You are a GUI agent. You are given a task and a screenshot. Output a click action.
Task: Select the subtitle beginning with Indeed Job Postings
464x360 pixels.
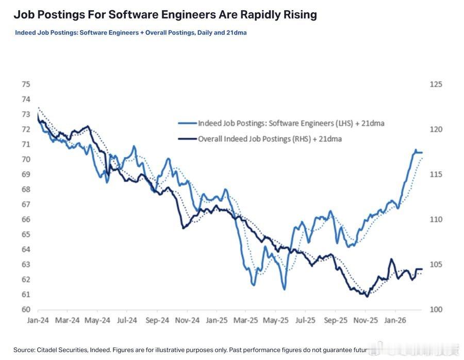tap(130, 32)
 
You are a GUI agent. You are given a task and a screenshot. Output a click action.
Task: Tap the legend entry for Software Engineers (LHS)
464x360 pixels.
tap(291, 123)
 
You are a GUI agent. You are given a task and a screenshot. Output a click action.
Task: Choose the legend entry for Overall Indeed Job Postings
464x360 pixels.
tap(270, 139)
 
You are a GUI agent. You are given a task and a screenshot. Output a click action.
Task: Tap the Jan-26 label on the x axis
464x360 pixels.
tap(395, 320)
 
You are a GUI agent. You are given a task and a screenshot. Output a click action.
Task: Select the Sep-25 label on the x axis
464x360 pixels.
tap(335, 320)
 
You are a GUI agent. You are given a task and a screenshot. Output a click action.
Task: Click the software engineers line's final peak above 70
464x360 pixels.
tap(416, 150)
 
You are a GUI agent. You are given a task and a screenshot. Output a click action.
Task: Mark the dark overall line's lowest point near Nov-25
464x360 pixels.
tap(367, 297)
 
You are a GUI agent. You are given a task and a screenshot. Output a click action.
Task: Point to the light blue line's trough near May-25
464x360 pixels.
tap(284, 289)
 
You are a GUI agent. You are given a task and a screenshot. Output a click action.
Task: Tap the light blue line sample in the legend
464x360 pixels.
tap(188, 123)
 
